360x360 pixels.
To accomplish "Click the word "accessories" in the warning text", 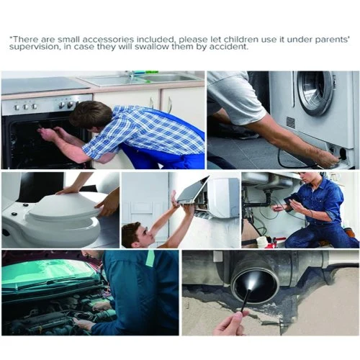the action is pyautogui.click(x=108, y=39).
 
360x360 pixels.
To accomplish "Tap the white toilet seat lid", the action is pyautogui.click(x=65, y=206).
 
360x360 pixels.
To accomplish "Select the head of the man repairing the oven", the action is pyautogui.click(x=90, y=114).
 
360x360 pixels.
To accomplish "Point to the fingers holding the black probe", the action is pyautogui.click(x=230, y=323).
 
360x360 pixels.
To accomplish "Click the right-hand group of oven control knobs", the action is pyautogui.click(x=66, y=104).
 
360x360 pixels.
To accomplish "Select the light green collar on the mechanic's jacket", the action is pyautogui.click(x=150, y=258).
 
